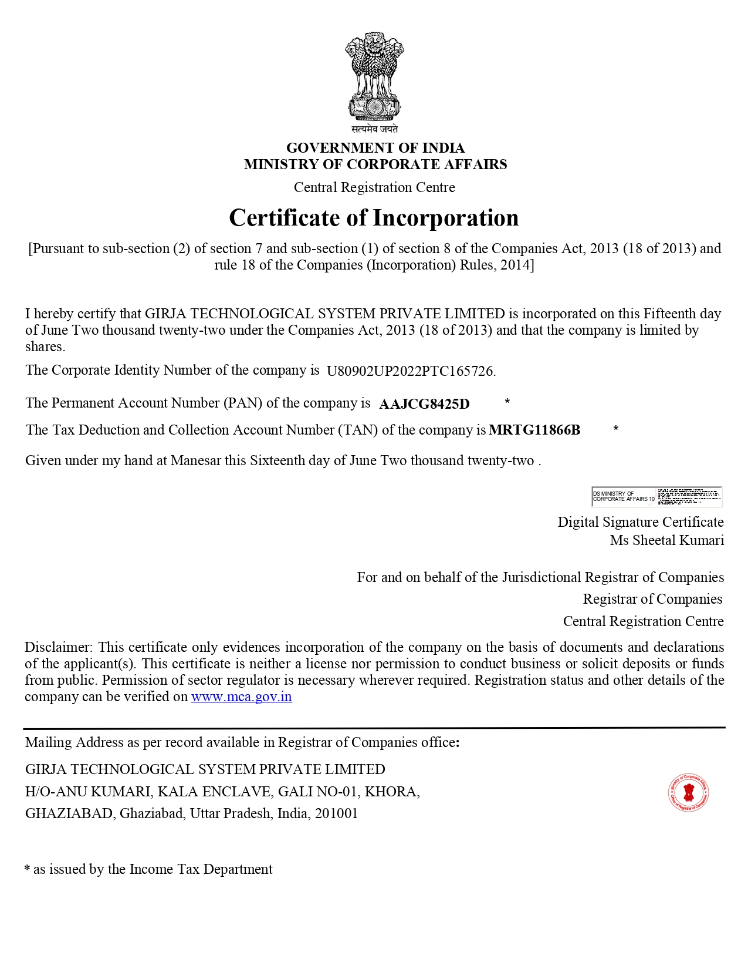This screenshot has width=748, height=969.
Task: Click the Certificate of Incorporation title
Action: (374, 218)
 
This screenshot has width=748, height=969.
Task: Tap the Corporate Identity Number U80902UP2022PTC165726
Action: (411, 371)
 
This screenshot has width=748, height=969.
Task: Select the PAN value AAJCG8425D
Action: (424, 404)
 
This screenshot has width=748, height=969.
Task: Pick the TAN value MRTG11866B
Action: (534, 430)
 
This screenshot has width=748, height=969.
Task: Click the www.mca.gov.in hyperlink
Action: (241, 697)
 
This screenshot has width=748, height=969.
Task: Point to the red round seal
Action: (689, 793)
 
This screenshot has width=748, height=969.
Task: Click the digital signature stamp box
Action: (656, 497)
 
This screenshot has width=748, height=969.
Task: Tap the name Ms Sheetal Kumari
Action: (666, 540)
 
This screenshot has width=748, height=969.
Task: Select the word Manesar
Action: (195, 460)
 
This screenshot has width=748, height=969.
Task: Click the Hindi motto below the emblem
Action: (374, 129)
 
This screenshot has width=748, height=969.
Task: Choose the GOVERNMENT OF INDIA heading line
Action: (375, 148)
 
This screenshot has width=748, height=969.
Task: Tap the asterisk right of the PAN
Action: (507, 402)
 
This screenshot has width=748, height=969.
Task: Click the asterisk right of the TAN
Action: (615, 429)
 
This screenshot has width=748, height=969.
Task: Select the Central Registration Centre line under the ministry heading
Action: (374, 187)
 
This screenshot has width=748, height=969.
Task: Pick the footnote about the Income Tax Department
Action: (148, 869)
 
